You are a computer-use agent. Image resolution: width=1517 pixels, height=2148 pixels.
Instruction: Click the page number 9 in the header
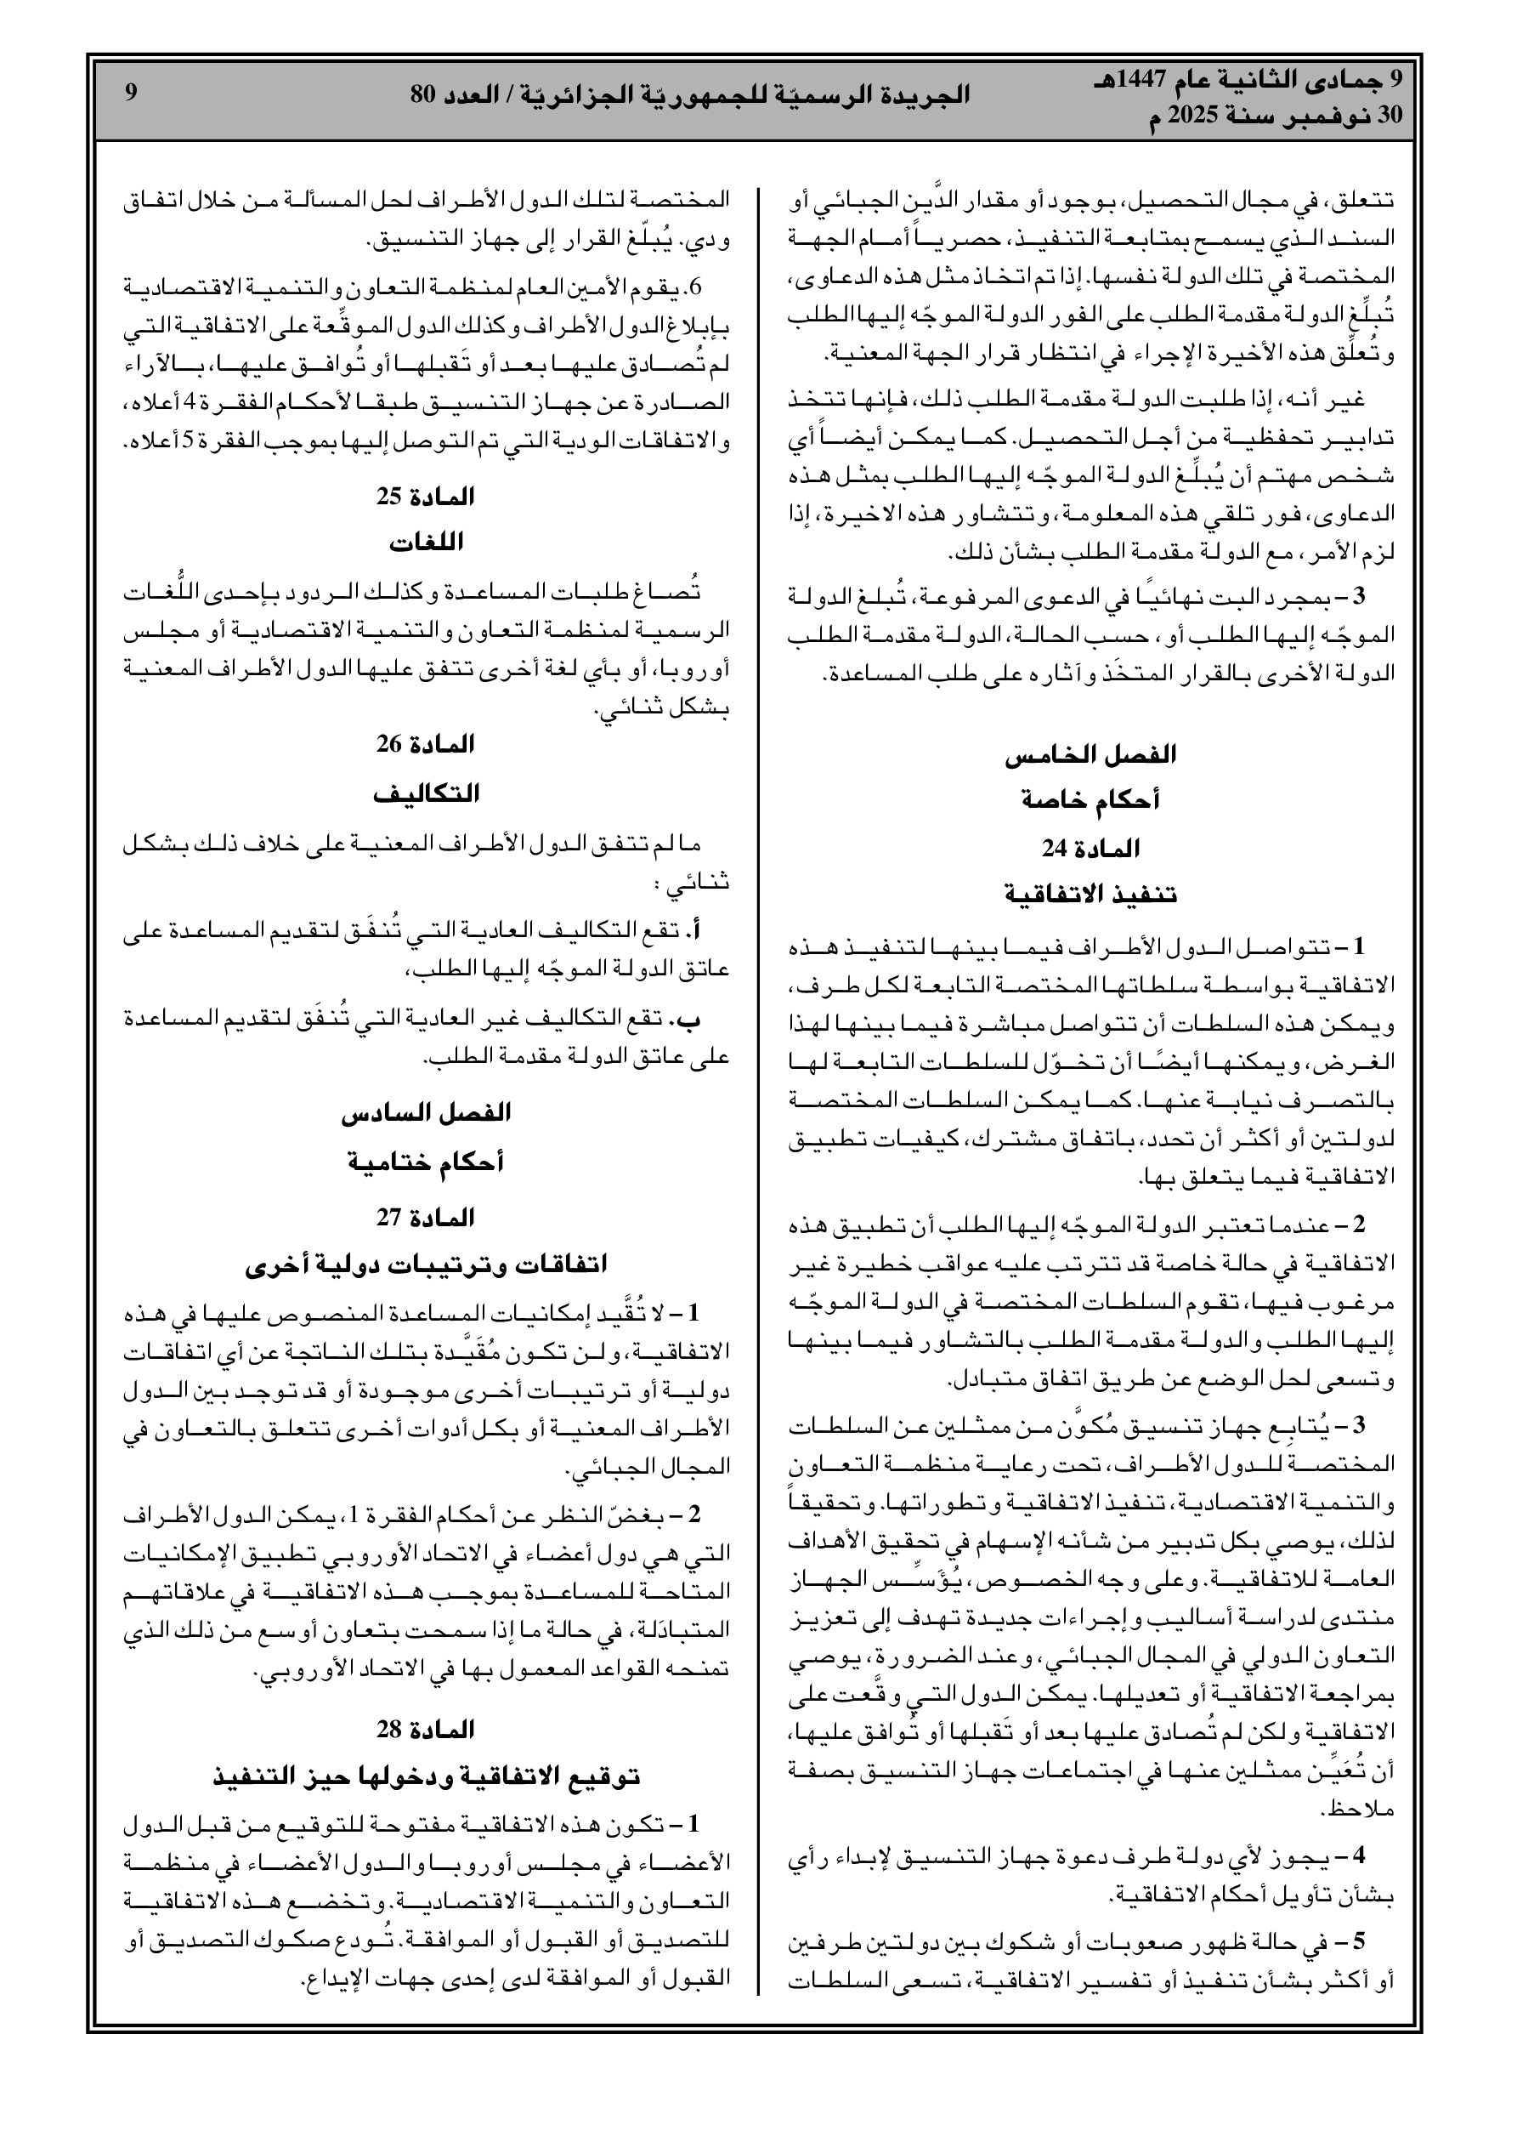131,93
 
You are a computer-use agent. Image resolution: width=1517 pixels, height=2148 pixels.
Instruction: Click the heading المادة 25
426,497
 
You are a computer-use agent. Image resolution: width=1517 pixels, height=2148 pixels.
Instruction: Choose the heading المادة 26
426,745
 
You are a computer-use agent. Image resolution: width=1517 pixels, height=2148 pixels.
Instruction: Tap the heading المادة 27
426,1217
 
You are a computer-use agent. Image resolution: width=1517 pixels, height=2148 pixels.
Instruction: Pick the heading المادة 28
426,1729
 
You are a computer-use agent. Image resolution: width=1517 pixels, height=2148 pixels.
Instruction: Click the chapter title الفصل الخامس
1090,754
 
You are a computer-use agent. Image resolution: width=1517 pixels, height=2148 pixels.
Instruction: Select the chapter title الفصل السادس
426,1113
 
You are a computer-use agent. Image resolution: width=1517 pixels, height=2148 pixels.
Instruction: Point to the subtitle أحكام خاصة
1090,801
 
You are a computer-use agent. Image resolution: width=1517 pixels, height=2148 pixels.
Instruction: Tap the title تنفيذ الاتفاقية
1090,895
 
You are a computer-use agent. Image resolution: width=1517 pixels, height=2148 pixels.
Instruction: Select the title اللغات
426,543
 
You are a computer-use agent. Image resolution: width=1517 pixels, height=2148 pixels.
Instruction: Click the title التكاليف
426,793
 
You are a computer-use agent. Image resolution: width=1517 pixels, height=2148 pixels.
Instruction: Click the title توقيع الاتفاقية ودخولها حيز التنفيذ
426,1776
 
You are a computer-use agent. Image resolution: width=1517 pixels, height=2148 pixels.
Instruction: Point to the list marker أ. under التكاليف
695,930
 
